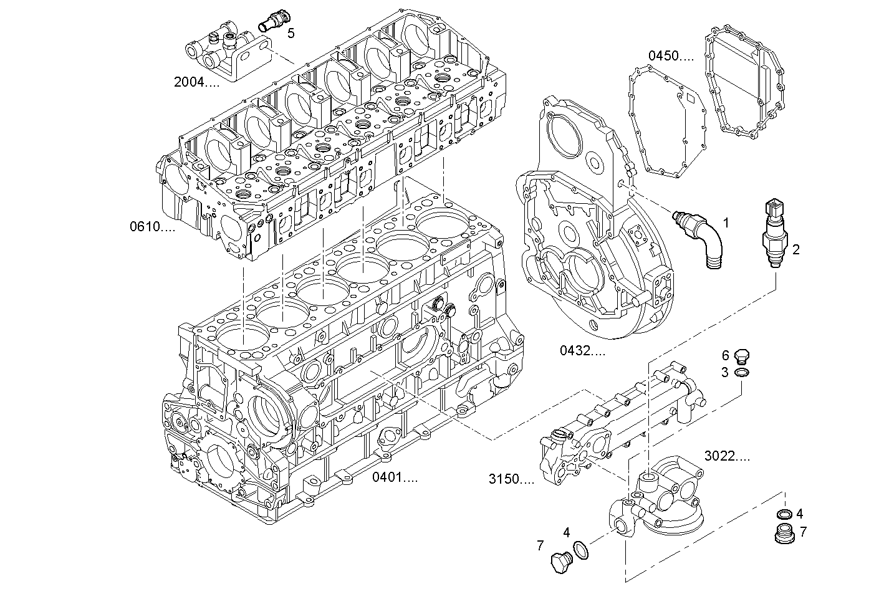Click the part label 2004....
[x=196, y=82]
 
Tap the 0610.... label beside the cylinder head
[x=152, y=227]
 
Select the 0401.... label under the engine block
[x=395, y=478]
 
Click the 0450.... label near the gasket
[x=670, y=56]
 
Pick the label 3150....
[x=511, y=480]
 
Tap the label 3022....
[x=727, y=456]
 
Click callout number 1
[x=726, y=222]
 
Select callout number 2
[x=796, y=250]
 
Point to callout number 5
[x=291, y=33]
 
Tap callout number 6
[x=725, y=355]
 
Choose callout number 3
[x=725, y=373]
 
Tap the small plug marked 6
[x=741, y=356]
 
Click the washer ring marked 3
[x=742, y=373]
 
